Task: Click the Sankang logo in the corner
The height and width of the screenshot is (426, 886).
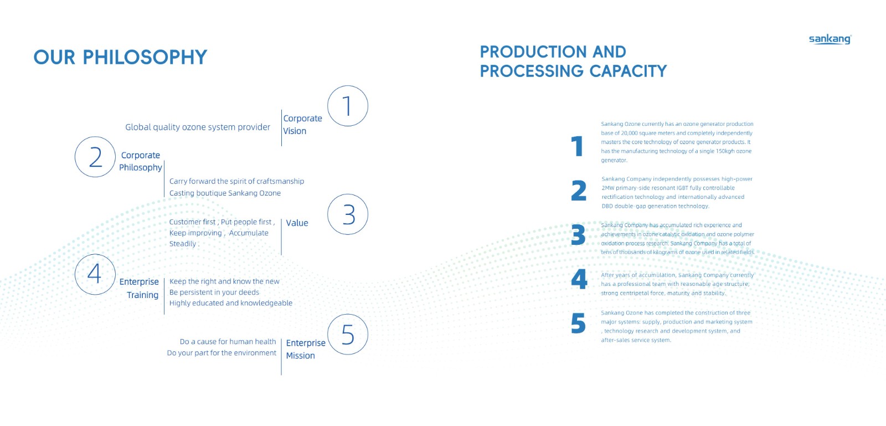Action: [x=830, y=39]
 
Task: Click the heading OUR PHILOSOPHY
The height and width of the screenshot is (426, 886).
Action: [x=120, y=57]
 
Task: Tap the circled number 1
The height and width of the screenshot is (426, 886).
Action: [x=348, y=106]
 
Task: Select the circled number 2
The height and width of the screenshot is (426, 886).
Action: [x=95, y=157]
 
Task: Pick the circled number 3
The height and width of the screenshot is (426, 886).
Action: [x=348, y=214]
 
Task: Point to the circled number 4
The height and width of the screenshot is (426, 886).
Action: [x=95, y=274]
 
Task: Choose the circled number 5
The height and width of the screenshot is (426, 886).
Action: [x=348, y=335]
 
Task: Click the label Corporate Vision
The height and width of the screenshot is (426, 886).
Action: [x=302, y=125]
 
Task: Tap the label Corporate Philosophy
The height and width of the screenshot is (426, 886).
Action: [x=141, y=161]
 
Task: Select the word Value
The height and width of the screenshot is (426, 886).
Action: [x=297, y=223]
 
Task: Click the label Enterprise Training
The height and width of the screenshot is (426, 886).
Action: [x=140, y=288]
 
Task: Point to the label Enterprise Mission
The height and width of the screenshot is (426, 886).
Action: [x=305, y=349]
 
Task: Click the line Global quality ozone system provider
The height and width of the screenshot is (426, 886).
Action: [x=198, y=127]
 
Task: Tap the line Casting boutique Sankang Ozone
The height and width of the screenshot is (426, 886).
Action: [x=225, y=193]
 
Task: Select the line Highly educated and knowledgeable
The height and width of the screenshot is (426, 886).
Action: [x=231, y=303]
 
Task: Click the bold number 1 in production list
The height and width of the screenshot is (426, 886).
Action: [x=578, y=146]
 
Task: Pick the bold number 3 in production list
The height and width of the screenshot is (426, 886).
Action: [x=578, y=235]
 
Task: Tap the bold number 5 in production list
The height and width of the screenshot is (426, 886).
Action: [x=578, y=324]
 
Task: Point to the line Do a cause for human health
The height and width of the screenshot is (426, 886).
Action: [x=228, y=342]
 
